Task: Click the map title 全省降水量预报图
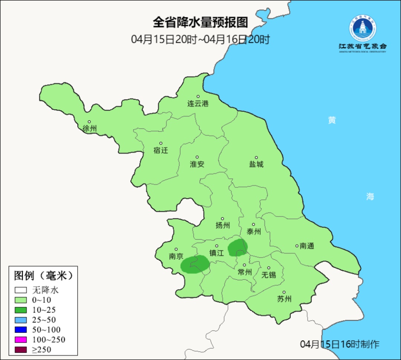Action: [x=200, y=22]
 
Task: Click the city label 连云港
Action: [x=198, y=104]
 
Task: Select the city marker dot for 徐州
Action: [x=89, y=122]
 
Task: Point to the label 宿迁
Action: [x=161, y=150]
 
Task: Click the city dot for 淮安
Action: [x=197, y=157]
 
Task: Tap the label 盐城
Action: [x=256, y=164]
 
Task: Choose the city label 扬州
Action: [x=223, y=226]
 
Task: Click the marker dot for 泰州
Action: [x=254, y=224]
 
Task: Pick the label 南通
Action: [x=307, y=246]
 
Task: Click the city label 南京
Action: [x=176, y=256]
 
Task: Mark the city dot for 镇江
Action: [x=217, y=246]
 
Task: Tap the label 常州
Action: [x=245, y=272]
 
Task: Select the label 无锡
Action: [x=269, y=275]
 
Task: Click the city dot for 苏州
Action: [x=284, y=292]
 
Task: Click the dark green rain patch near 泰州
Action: [x=238, y=247]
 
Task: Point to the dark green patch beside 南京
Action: [x=195, y=264]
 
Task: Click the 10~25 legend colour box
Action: [x=21, y=310]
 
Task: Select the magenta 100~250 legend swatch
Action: [x=21, y=340]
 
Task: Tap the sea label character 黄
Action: [x=332, y=120]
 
